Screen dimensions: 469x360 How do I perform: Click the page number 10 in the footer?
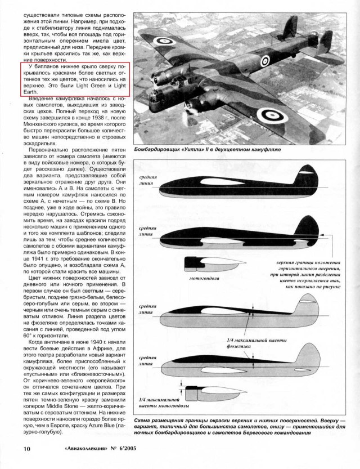point(11,449)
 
